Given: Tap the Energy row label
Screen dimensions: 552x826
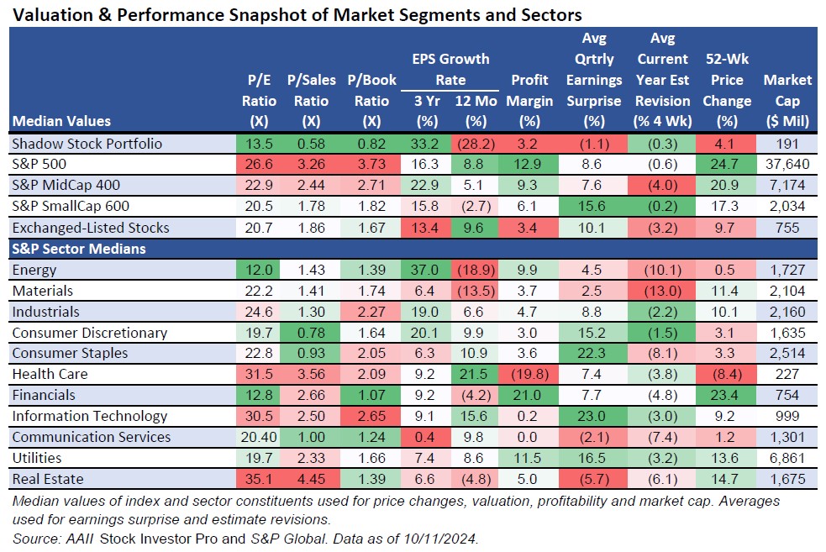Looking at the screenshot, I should [34, 270].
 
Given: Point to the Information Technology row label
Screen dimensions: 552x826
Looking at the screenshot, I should [90, 416].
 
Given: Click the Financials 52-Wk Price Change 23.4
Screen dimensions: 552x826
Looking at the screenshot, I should [727, 395].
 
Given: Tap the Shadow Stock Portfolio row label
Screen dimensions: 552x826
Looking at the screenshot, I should [87, 144].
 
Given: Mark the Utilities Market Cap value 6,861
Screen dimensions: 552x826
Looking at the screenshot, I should [787, 458].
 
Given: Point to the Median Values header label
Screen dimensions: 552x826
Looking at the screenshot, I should [61, 121].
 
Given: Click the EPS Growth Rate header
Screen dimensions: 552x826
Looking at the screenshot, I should [450, 70].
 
